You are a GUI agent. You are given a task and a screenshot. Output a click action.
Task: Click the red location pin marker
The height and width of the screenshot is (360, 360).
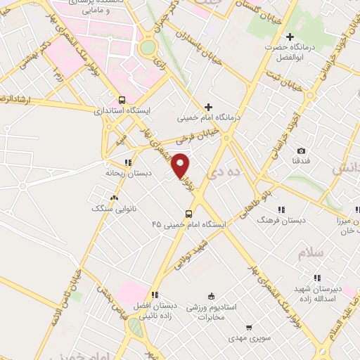coord(181,165)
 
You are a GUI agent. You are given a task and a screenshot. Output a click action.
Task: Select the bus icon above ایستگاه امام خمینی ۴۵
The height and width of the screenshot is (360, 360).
coord(188,213)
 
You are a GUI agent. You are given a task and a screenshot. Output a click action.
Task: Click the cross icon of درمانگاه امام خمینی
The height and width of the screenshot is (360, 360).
coord(207,107)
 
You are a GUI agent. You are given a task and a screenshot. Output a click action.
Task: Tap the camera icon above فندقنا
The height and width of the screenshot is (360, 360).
coord(301,151)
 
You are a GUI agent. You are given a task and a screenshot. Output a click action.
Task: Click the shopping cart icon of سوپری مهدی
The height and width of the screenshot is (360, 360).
coord(249,327)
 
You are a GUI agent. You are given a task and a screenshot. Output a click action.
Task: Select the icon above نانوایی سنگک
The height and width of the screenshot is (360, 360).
coord(114,198)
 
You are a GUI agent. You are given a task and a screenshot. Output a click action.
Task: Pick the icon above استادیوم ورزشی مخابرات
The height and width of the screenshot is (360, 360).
coord(211,297)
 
